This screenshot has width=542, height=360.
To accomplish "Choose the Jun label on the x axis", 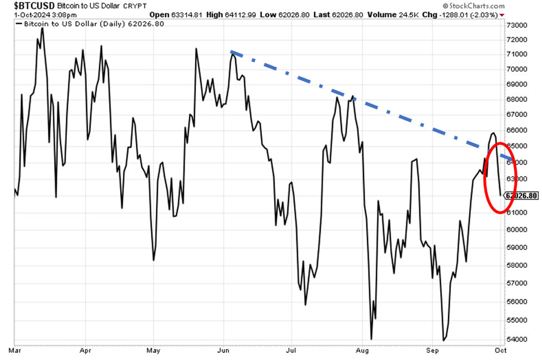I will tap(223, 351).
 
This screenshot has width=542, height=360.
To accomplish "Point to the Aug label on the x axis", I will tap(362, 351).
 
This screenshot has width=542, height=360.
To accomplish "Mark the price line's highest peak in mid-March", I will tap(42, 27).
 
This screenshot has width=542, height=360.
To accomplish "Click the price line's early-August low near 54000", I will tap(371, 338).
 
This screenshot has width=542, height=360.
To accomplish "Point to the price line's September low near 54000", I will tap(444, 340).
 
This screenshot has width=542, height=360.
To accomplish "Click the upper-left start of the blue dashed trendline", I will tap(231, 52).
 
